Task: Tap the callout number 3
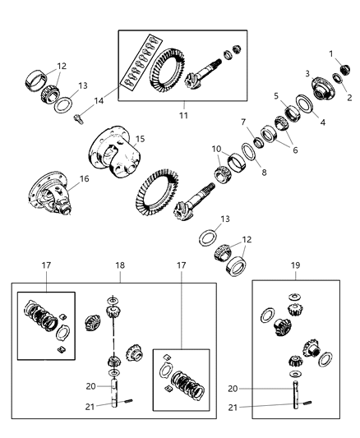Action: point(307,74)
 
